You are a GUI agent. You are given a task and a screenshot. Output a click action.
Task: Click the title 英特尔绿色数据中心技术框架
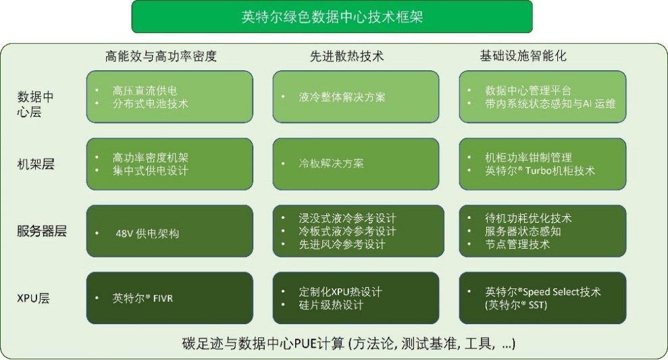[x=332, y=17]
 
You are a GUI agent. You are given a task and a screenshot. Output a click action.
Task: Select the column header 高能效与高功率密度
[x=161, y=56]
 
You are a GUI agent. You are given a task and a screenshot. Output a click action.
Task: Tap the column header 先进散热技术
[x=346, y=56]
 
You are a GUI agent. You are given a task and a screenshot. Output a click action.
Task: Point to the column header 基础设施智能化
[x=523, y=56]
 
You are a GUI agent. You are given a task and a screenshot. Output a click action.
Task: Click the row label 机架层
[x=36, y=164]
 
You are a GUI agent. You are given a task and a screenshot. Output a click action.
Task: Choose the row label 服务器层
[x=42, y=231]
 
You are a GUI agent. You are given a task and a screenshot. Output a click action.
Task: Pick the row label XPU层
[x=33, y=298]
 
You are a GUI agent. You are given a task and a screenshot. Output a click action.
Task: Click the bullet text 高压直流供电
[x=145, y=91]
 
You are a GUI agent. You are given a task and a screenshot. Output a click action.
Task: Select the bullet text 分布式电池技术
[x=151, y=103]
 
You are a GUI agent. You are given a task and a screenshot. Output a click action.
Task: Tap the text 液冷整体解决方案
[x=342, y=97]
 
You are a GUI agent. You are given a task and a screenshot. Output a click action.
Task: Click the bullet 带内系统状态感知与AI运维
[x=550, y=103]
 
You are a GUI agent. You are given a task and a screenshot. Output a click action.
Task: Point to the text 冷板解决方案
[x=331, y=163]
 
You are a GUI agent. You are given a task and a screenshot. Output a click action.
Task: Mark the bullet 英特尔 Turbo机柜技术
[x=540, y=171]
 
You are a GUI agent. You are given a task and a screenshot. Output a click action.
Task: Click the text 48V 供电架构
[x=147, y=234]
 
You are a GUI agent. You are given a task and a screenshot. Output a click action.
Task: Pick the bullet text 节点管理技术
[x=517, y=244]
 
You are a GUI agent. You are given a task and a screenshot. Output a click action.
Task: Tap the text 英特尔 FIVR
[x=143, y=298]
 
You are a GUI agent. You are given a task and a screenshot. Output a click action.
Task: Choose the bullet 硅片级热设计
[x=331, y=305]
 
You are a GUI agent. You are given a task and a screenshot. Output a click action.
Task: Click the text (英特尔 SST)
[x=516, y=305]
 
